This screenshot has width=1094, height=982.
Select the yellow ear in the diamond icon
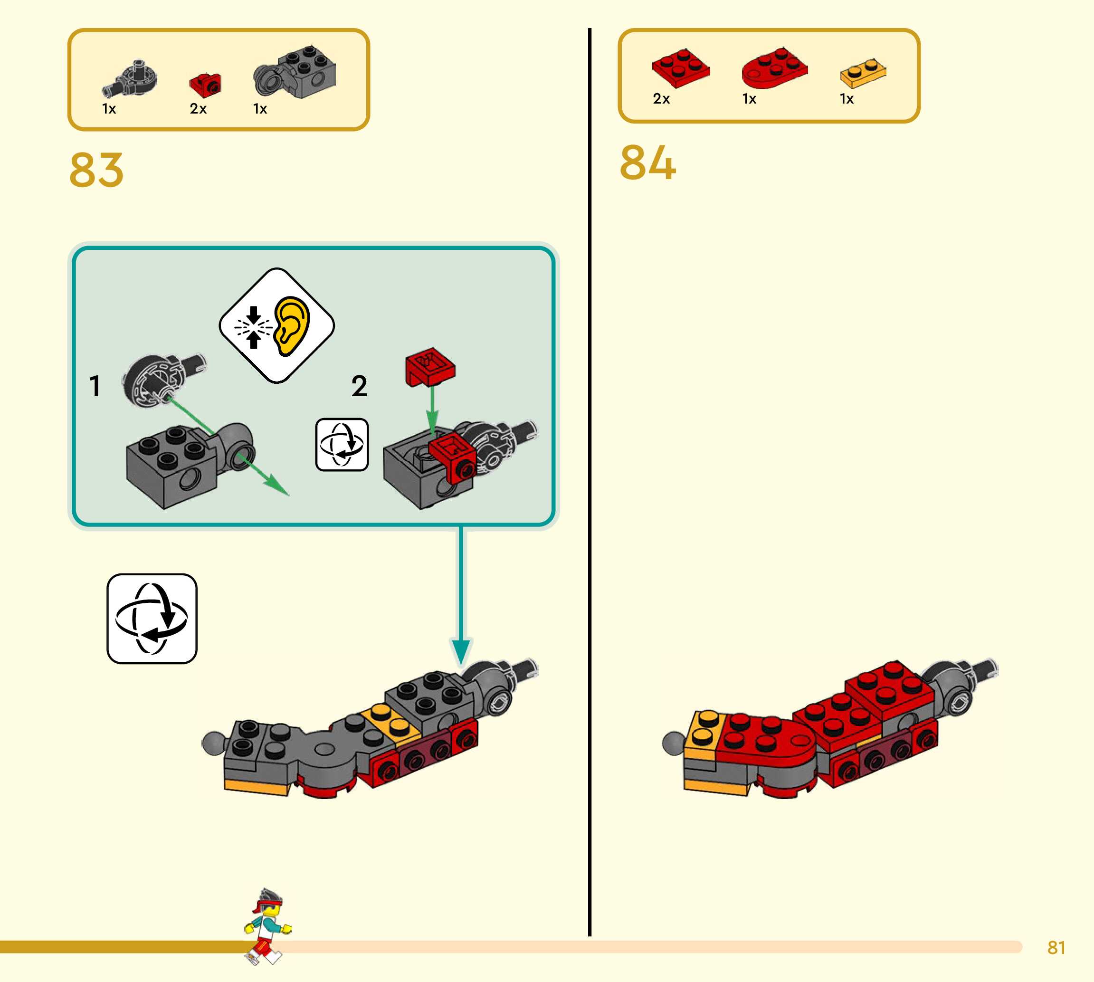(292, 325)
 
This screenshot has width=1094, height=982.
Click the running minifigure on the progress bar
(266, 926)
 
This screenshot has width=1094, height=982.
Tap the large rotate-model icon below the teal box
(152, 619)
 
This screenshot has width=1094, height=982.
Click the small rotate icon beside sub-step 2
(342, 445)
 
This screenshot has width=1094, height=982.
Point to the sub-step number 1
(95, 386)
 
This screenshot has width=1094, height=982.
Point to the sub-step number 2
(359, 386)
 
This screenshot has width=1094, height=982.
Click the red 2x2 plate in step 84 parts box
(680, 67)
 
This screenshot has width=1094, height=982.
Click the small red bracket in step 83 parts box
(206, 84)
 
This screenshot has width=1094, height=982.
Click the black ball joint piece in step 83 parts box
(131, 79)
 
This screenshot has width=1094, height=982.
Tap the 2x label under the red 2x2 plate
(661, 99)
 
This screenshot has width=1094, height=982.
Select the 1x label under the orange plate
(847, 99)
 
